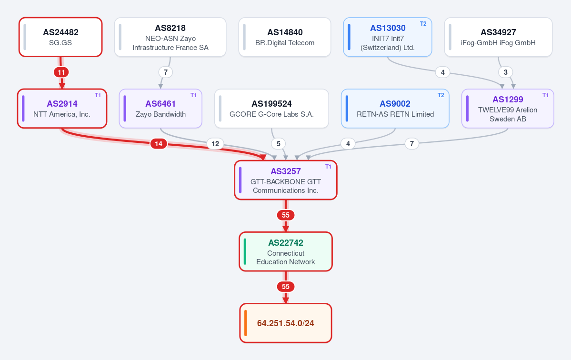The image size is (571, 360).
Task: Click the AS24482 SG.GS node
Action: click(x=60, y=37)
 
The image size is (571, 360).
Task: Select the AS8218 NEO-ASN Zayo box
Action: click(x=170, y=37)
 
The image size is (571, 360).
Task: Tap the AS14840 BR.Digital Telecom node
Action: click(x=285, y=37)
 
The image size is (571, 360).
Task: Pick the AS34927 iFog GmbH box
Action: click(x=498, y=37)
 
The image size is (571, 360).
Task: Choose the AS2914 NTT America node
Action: click(x=62, y=109)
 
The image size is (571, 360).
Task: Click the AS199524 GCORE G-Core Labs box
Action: click(x=271, y=109)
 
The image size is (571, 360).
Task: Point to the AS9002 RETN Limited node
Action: click(x=395, y=109)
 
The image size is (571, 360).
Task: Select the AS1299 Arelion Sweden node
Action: click(x=508, y=109)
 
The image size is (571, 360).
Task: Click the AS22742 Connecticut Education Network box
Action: click(x=286, y=251)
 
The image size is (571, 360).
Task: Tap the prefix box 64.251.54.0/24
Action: click(x=286, y=323)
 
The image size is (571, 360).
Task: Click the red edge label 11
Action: click(x=61, y=72)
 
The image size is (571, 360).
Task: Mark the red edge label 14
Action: click(x=159, y=144)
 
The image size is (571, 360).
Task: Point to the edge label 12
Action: click(x=215, y=144)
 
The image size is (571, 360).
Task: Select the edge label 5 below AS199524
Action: click(x=278, y=144)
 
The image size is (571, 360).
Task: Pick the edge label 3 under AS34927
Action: click(x=505, y=72)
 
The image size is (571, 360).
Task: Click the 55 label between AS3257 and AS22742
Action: click(x=286, y=215)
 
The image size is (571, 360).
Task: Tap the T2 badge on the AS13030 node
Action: click(x=423, y=24)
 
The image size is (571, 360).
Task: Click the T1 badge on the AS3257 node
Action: click(x=328, y=167)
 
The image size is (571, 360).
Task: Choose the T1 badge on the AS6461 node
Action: click(x=193, y=95)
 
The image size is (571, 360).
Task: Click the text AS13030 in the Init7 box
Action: click(x=388, y=28)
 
